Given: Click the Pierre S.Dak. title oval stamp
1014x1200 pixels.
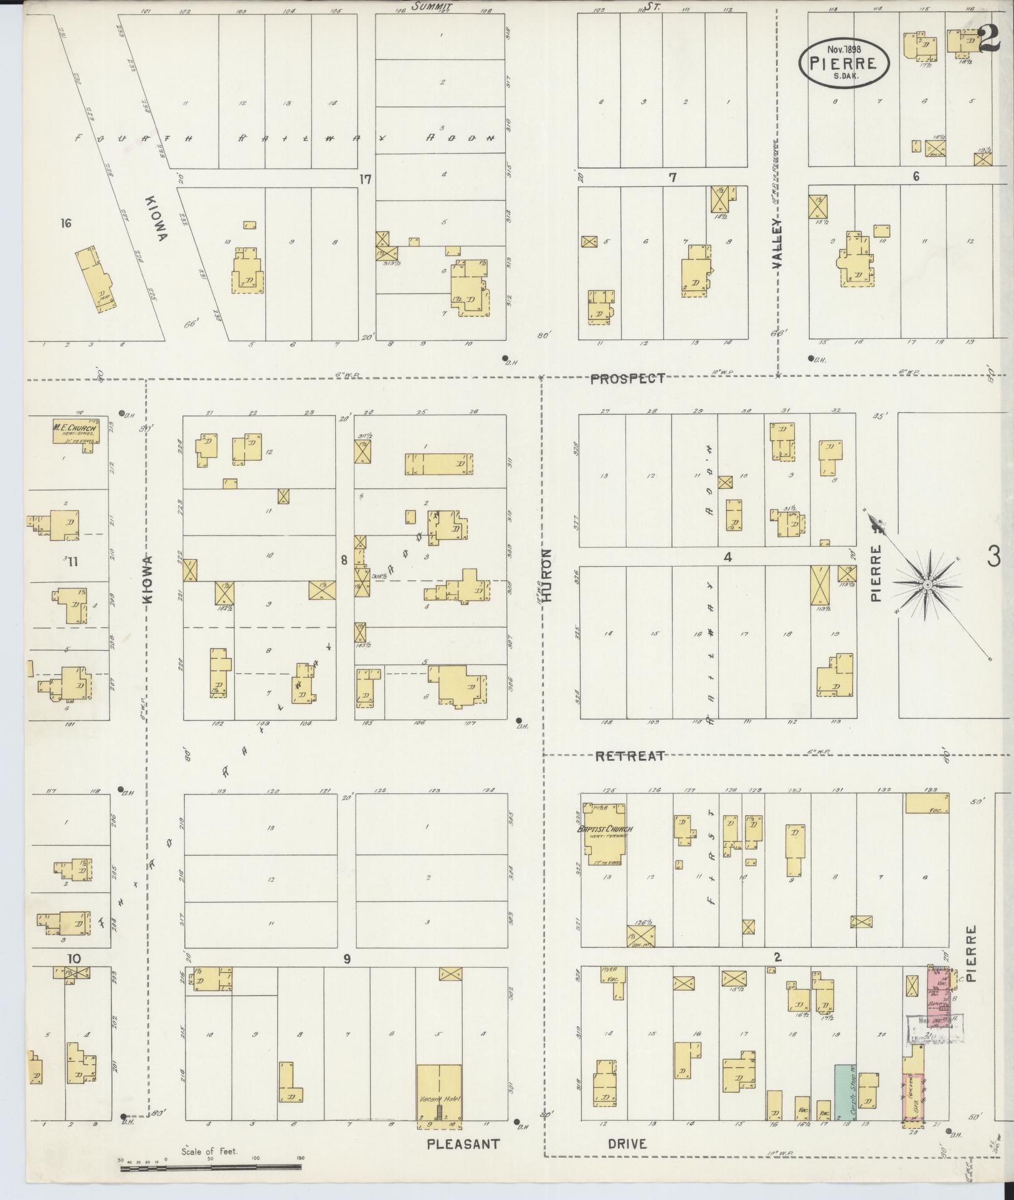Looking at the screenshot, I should pos(845,62).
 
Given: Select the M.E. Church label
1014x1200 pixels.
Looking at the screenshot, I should pos(74,428).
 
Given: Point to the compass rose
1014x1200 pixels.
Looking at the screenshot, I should pos(926,584).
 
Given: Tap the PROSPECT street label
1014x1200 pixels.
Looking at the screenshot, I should pos(628,378).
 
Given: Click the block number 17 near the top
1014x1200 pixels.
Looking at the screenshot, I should pos(365,180).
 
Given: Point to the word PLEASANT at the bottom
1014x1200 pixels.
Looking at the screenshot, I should pos(463,1144).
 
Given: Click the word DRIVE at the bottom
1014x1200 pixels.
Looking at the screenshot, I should pos(627,1144).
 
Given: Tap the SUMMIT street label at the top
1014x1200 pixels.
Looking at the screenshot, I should pos(431,6).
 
